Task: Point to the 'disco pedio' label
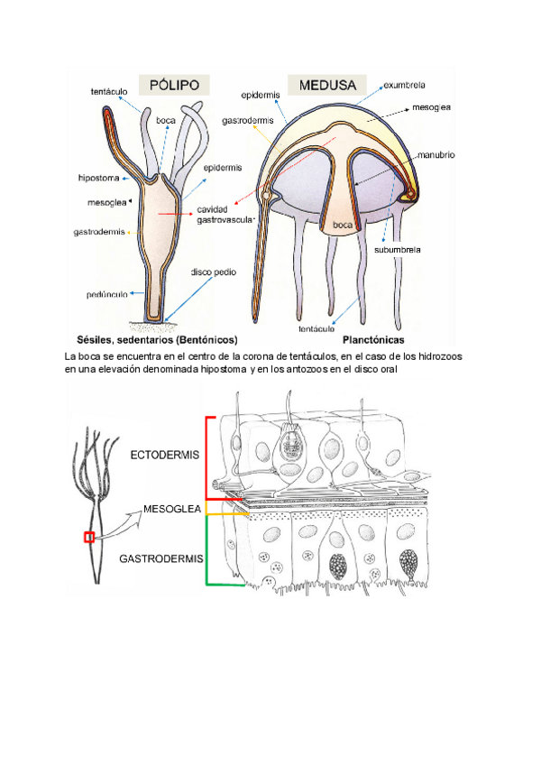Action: (x=213, y=272)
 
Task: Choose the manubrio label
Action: (x=436, y=155)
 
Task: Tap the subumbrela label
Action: (x=400, y=249)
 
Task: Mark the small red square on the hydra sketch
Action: (x=89, y=538)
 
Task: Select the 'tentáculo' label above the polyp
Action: (x=109, y=92)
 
